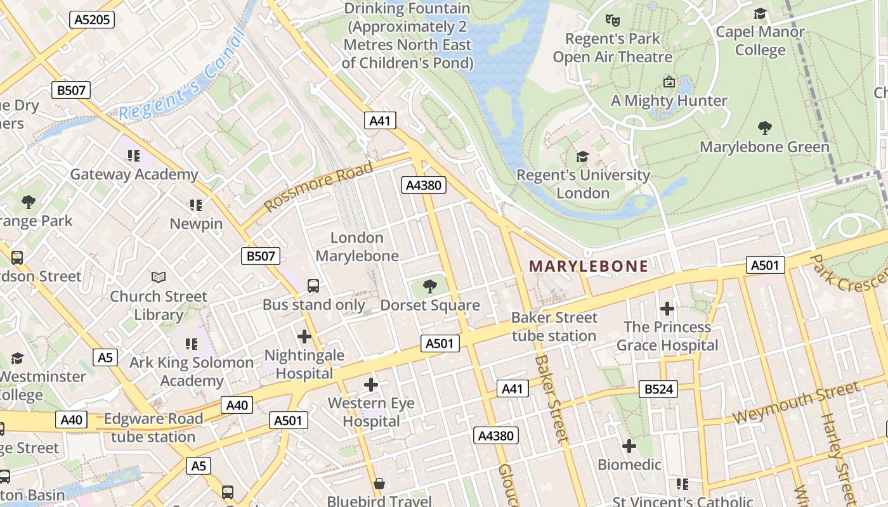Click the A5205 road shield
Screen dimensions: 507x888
pos(92,20)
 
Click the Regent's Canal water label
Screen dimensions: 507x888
pos(181,76)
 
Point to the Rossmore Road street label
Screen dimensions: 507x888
pos(318,187)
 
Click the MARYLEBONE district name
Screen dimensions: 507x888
pos(589,266)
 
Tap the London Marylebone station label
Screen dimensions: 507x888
pos(357,247)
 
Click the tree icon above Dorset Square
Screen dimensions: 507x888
pos(430,286)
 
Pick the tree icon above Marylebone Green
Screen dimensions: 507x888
pos(765,128)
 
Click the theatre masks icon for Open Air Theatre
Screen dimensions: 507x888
pos(612,20)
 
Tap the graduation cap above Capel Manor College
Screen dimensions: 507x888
pos(760,14)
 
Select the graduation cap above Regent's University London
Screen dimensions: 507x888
pos(582,157)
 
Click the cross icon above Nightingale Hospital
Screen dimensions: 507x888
pos(304,336)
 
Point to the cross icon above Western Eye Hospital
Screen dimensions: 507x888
pos(371,384)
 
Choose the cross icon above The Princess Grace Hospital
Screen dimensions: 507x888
pos(667,309)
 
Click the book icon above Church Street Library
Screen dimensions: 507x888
pos(159,278)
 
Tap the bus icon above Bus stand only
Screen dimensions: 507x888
pos(313,286)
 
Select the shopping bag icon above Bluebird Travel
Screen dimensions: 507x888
pos(379,484)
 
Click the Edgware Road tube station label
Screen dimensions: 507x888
pos(153,428)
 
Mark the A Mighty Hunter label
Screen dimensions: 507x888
pos(669,101)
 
